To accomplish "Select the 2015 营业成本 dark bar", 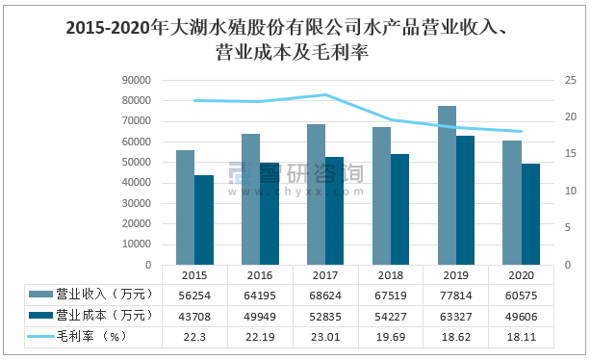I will [203, 219].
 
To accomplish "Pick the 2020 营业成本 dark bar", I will [530, 214].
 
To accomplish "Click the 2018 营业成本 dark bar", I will [399, 209].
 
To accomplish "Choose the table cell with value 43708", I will [193, 315].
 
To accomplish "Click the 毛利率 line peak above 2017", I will [325, 94].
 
